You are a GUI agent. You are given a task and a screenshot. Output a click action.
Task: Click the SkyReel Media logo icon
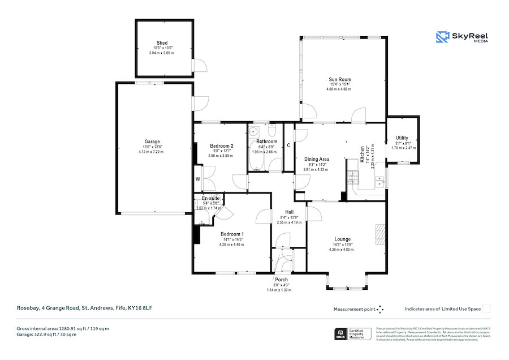[x=442, y=37]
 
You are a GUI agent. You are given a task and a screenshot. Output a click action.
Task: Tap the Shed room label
[x=162, y=43]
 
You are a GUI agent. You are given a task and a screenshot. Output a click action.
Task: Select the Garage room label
[x=152, y=142]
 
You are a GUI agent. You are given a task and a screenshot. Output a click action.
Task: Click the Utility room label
[x=402, y=138]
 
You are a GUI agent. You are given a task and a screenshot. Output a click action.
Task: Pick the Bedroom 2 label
[x=221, y=146]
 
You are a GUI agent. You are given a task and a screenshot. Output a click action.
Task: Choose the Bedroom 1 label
[x=232, y=234]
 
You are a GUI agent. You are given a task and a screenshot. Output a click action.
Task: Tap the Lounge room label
[x=343, y=239]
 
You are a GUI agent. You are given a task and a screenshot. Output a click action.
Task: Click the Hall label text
[x=289, y=212]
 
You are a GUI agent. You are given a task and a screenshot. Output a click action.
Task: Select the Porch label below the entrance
[x=281, y=280]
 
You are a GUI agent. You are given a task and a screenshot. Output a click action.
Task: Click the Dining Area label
[x=317, y=160]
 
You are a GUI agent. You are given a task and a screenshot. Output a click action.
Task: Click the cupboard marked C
[x=288, y=145]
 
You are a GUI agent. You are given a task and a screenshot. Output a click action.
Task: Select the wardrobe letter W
[x=198, y=179]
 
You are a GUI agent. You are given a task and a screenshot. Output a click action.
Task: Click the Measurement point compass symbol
[x=381, y=309]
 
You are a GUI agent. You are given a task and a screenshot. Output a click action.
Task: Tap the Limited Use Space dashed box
[x=486, y=309]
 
